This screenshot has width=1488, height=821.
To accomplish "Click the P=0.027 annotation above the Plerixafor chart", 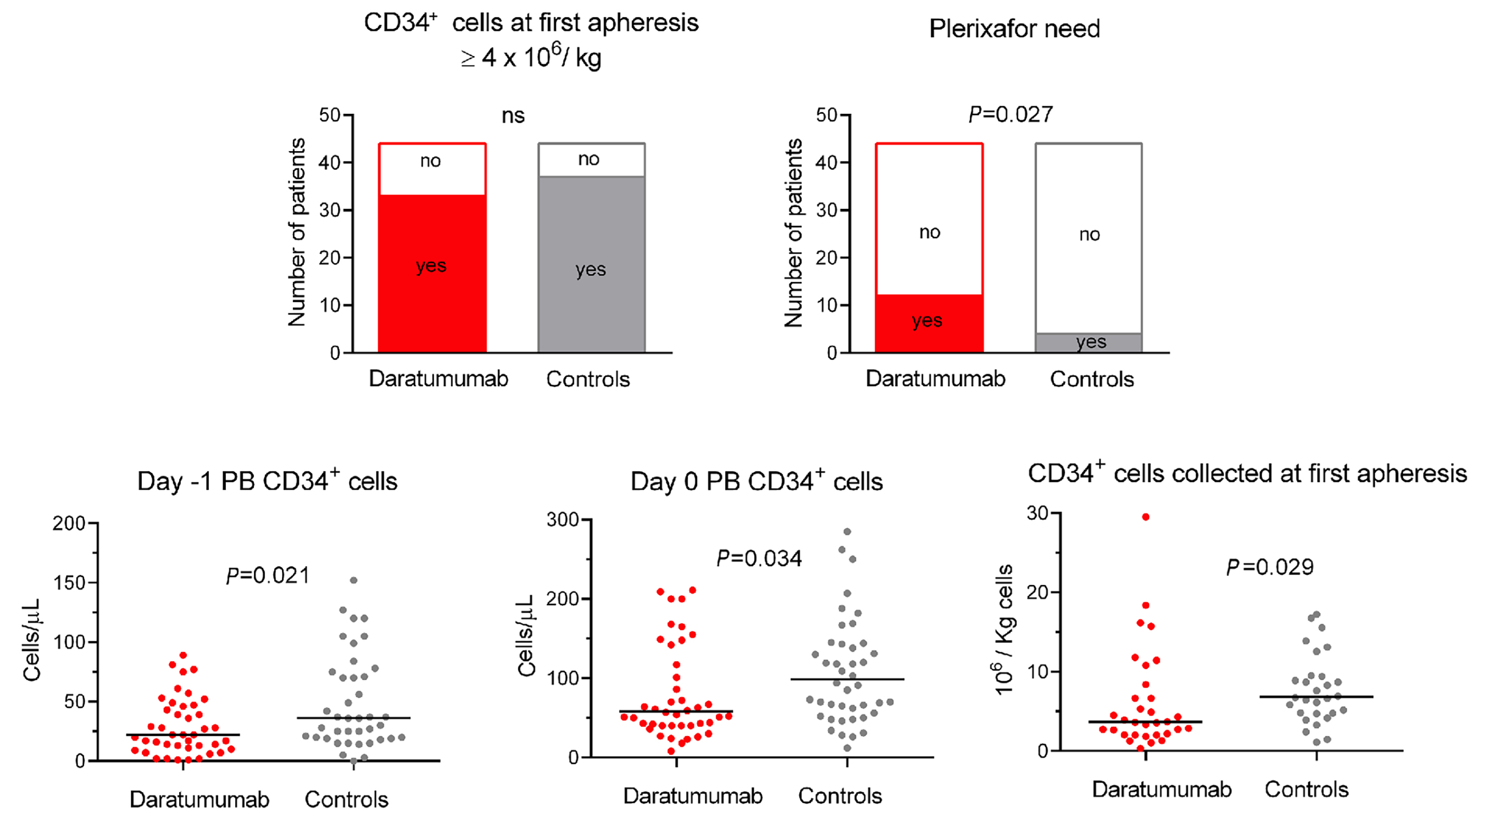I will [1010, 114].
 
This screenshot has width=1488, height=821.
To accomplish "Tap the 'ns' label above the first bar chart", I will [513, 115].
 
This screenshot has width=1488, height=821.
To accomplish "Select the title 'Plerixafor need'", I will [1014, 29].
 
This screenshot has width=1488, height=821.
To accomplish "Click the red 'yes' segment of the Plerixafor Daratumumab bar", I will [929, 323].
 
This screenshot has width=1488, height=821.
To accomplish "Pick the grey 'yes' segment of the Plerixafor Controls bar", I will [1089, 343].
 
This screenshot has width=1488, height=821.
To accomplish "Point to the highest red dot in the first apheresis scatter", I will [1146, 517].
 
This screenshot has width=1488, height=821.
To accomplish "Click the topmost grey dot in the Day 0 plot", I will [848, 531].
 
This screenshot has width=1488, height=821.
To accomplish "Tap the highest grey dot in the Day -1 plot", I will [353, 580].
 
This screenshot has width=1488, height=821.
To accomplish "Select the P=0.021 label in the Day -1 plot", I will [268, 575].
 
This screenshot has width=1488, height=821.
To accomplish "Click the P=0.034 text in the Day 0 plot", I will [759, 558].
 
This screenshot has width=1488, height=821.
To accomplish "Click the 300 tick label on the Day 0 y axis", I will [563, 520].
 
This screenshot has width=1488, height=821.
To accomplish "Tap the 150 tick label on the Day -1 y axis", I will [69, 583].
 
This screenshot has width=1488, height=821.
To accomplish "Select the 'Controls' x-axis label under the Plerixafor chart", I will [1092, 379].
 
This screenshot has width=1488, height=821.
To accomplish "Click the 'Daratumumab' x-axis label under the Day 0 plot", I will [693, 796].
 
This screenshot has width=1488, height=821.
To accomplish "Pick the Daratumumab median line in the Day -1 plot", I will [182, 734].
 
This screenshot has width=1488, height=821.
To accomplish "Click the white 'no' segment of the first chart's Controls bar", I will [591, 160].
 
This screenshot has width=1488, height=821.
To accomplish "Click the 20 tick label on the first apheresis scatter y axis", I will [1037, 592].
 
